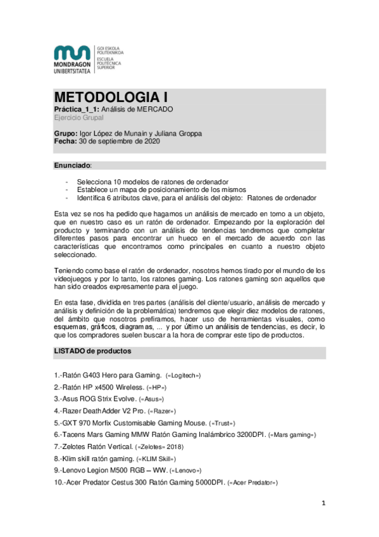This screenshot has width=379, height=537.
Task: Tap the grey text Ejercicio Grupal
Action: [x=78, y=118]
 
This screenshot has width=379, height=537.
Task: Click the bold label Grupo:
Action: [x=66, y=134]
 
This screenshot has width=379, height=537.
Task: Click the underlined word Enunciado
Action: [x=72, y=165]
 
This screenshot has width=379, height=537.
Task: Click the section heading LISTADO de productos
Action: [x=92, y=350]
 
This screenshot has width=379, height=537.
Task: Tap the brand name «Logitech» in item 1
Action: [x=183, y=376]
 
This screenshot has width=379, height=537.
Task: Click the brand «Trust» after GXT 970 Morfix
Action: [x=224, y=422]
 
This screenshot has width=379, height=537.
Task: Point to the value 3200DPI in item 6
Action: [x=249, y=434]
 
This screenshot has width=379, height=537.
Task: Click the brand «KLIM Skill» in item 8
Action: [x=157, y=458]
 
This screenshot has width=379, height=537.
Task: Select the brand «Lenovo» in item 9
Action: [x=187, y=471]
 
